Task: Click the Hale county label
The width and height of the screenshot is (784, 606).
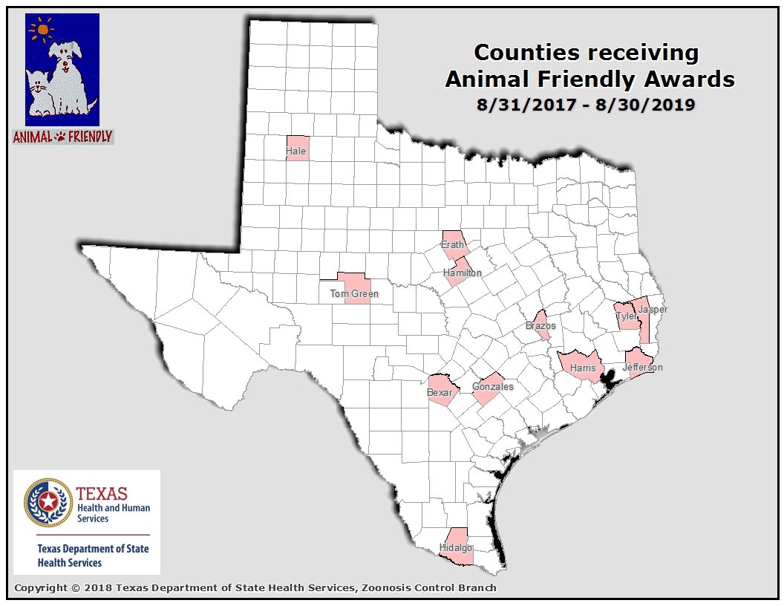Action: [296, 151]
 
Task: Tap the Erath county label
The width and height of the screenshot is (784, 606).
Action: [453, 245]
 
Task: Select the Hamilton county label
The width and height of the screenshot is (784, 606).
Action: [463, 273]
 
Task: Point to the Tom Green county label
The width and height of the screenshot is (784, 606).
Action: [354, 294]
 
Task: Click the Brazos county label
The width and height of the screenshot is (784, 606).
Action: [540, 326]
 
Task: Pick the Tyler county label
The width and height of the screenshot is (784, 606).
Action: [627, 317]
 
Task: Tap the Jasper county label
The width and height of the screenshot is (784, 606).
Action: [653, 310]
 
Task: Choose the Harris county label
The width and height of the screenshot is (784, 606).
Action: [583, 368]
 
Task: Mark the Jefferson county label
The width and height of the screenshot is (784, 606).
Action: [642, 368]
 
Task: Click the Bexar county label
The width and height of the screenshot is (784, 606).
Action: [440, 393]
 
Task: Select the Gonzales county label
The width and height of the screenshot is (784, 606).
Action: [493, 387]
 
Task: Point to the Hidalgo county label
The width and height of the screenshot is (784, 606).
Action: [456, 548]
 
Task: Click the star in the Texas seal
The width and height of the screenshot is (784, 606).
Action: [48, 503]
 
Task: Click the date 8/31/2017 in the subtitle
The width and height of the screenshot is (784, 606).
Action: [526, 105]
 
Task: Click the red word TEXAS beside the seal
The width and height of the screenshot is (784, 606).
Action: [102, 494]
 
